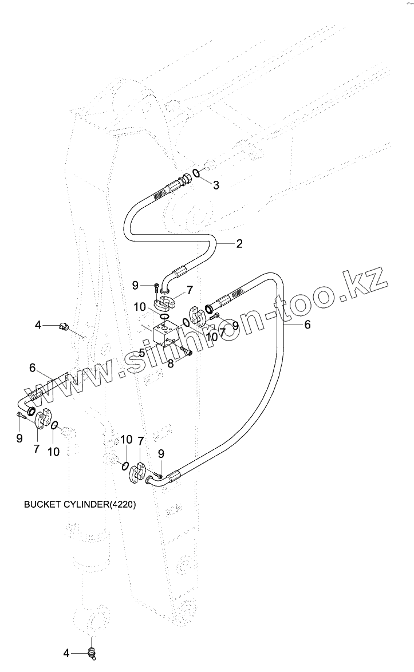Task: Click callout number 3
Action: (216, 185)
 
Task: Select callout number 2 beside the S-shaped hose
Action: (239, 243)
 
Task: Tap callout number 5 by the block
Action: (141, 353)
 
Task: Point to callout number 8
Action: (171, 363)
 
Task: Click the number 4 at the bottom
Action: (66, 653)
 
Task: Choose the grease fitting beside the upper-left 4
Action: (65, 327)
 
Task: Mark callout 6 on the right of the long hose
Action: (307, 325)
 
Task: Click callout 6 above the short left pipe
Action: (32, 367)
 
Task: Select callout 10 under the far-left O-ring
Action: (53, 452)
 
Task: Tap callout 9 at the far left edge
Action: (19, 438)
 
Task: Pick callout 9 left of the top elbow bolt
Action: (135, 285)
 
